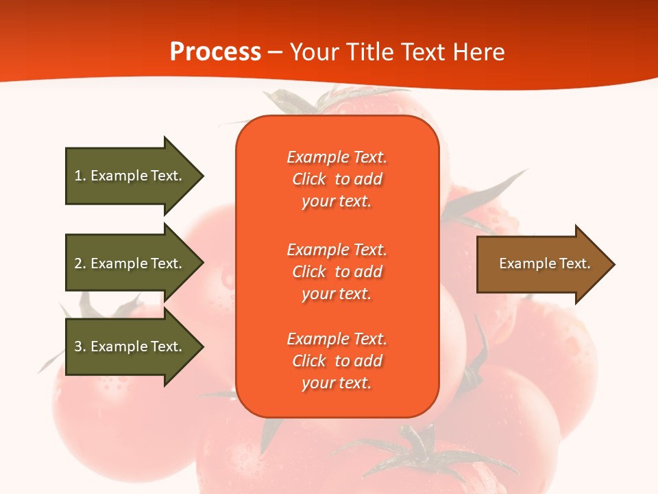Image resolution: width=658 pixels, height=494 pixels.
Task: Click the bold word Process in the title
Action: click(x=215, y=52)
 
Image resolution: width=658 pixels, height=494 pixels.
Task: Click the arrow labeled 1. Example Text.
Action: click(x=130, y=176)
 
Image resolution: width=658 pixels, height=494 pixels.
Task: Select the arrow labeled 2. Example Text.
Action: click(x=130, y=263)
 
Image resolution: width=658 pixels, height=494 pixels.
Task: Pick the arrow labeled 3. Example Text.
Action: click(x=130, y=346)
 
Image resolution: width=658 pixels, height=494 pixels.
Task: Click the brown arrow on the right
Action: click(x=541, y=264)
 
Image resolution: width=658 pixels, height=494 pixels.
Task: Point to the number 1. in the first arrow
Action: click(x=80, y=176)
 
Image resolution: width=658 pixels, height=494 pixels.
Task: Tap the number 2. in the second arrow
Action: click(x=80, y=263)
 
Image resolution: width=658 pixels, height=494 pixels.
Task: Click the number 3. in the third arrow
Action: click(x=80, y=346)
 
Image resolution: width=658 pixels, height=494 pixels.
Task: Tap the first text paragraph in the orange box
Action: click(x=337, y=179)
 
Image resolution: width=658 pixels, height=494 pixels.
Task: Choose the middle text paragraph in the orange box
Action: click(x=337, y=272)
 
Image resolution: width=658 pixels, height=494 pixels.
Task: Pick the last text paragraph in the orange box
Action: click(x=337, y=361)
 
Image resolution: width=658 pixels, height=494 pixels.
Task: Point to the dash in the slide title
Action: click(x=276, y=53)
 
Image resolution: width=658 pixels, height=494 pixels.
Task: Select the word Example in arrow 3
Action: click(x=119, y=346)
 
